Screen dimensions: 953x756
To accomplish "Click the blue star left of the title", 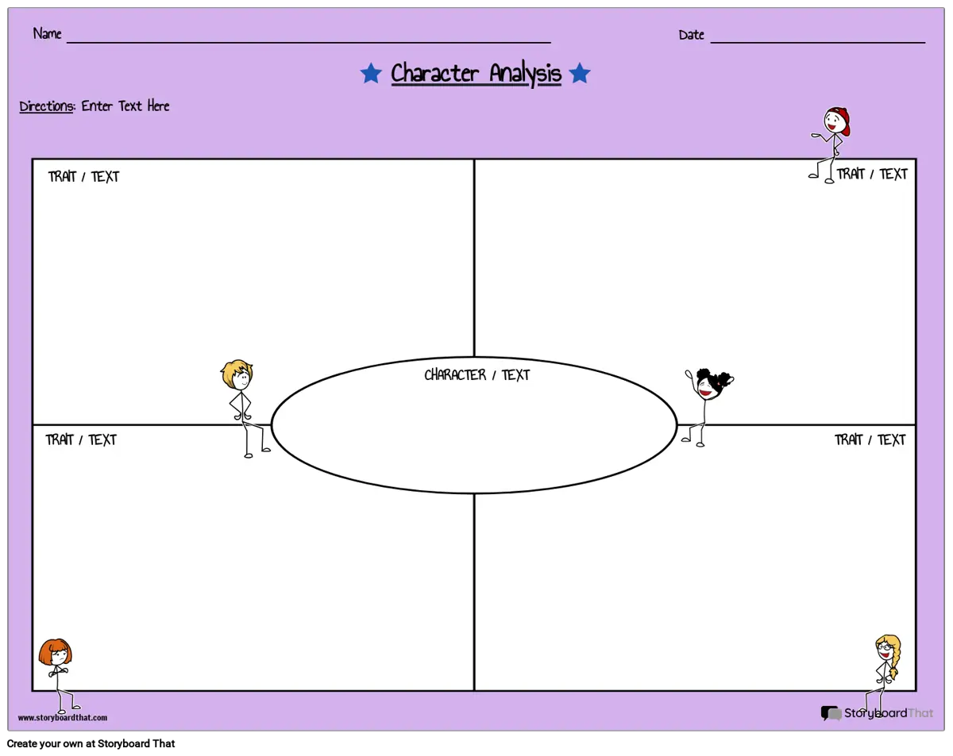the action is click(x=371, y=73).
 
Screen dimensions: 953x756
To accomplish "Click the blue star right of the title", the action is click(x=579, y=73).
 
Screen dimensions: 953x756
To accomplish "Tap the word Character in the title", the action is click(x=434, y=73).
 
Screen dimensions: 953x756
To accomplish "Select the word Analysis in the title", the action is click(x=525, y=74).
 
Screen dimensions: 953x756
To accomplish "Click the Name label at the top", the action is click(x=47, y=33).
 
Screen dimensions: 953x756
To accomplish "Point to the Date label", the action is click(x=691, y=34).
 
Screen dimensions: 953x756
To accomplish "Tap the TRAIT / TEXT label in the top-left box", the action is click(x=83, y=176).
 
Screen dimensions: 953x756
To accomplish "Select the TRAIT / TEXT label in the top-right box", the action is click(x=871, y=174).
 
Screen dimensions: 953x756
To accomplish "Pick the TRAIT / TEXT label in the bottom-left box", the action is click(x=81, y=439).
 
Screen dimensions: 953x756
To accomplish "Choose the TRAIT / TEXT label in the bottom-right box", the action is click(x=870, y=439).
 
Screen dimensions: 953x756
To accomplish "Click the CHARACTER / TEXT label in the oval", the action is click(x=477, y=374).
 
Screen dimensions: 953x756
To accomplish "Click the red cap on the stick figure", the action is click(x=841, y=120).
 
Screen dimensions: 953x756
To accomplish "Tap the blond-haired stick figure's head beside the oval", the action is click(x=237, y=374).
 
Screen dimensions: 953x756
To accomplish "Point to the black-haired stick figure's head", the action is click(x=712, y=384).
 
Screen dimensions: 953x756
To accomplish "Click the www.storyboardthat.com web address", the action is click(x=63, y=717).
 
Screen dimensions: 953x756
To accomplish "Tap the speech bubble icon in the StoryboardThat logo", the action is click(x=831, y=712).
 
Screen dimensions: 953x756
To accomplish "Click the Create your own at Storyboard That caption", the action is click(x=91, y=743).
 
